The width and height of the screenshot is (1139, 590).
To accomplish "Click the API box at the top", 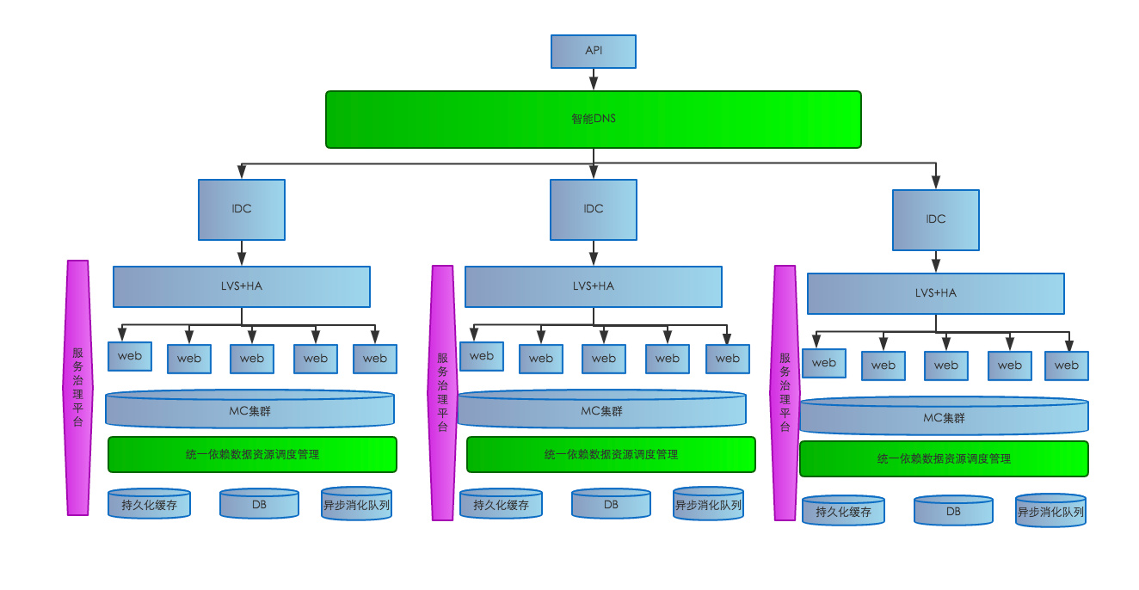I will [593, 52].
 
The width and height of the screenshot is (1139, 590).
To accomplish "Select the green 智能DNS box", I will [593, 120].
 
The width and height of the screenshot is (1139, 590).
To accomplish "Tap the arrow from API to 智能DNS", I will [593, 79].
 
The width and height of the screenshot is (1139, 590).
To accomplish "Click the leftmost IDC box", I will [242, 209].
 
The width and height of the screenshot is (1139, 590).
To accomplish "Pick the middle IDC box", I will [593, 209].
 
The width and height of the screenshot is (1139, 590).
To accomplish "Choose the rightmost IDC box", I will [935, 219].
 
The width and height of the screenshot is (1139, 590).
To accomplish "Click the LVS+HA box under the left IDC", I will [242, 286].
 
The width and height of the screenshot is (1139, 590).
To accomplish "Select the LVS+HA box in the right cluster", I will [935, 293].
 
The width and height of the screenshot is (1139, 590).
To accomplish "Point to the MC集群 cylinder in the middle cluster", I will [601, 410].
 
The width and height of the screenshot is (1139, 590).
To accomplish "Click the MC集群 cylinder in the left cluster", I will [249, 410].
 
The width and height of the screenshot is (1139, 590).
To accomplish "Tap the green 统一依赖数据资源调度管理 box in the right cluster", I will [944, 459].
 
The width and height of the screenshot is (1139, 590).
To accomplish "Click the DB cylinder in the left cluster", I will [259, 504].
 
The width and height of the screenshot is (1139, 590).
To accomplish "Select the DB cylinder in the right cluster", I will [953, 510].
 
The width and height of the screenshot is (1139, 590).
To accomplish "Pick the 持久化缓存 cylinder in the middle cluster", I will [501, 505].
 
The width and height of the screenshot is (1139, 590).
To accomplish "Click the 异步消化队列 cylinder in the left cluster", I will [356, 504].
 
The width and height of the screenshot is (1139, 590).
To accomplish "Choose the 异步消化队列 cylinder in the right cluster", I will [1050, 511].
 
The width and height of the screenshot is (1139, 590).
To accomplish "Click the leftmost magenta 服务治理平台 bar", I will [78, 388].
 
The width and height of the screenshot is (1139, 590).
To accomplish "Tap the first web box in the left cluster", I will [130, 356].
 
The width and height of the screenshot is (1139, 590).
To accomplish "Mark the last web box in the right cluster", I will [1066, 366].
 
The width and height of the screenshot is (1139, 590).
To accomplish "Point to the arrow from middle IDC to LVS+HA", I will [593, 253].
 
